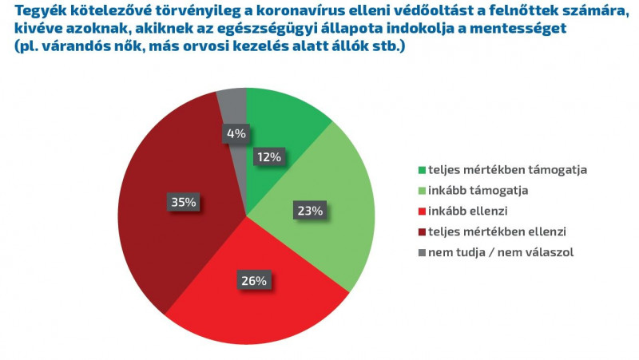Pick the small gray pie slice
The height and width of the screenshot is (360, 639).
point(232,105)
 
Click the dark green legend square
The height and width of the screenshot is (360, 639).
point(420,170)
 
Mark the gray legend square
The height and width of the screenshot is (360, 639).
point(420,253)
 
